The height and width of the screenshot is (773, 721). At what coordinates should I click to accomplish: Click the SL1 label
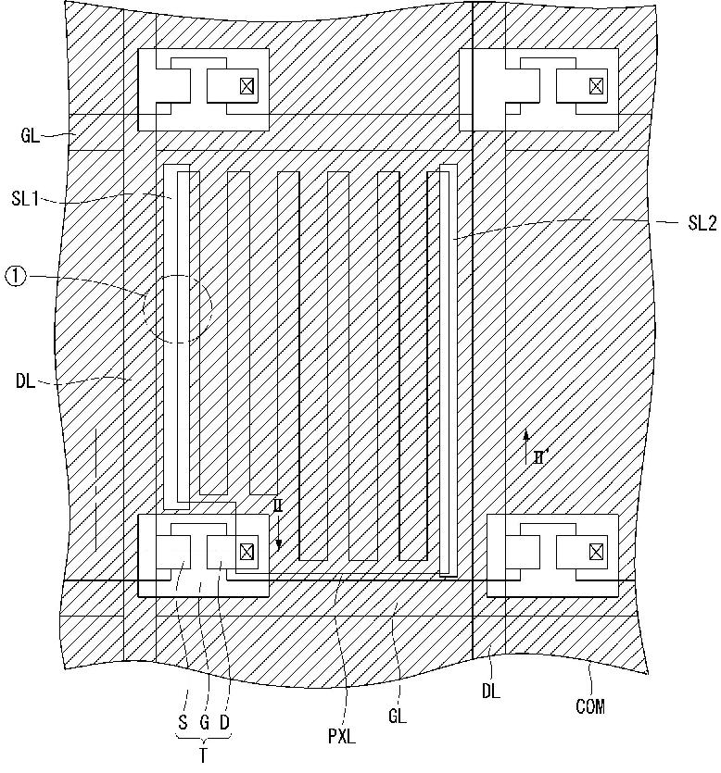[x=25, y=199]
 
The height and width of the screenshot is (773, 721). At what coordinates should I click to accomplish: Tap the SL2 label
[x=702, y=223]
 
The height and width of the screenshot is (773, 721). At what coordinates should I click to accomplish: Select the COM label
[x=590, y=706]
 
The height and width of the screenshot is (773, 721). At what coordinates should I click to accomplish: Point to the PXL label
[x=342, y=737]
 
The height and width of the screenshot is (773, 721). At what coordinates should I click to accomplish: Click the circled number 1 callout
[x=16, y=277]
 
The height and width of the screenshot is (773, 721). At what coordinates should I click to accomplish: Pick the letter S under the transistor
[x=183, y=723]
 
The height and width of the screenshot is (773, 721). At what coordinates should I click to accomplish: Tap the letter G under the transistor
[x=204, y=723]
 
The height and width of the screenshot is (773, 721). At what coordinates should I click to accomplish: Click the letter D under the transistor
[x=224, y=723]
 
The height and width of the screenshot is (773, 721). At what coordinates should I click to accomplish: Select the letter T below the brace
[x=203, y=755]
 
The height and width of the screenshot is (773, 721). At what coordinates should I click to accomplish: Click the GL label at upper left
[x=30, y=135]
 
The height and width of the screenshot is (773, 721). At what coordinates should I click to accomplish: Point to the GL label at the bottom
[x=398, y=716]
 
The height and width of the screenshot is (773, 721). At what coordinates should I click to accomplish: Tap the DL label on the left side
[x=26, y=381]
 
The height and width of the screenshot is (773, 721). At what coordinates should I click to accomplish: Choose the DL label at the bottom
[x=490, y=692]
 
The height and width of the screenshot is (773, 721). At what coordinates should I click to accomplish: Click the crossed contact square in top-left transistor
[x=247, y=87]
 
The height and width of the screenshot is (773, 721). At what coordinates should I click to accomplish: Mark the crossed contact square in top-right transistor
[x=596, y=87]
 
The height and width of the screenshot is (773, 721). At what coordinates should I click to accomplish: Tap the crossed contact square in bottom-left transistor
[x=247, y=552]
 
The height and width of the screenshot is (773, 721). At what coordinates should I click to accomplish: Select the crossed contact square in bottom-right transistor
[x=596, y=552]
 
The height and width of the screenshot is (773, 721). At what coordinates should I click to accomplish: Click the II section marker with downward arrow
[x=278, y=524]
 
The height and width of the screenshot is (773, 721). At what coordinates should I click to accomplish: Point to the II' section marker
[x=534, y=448]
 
